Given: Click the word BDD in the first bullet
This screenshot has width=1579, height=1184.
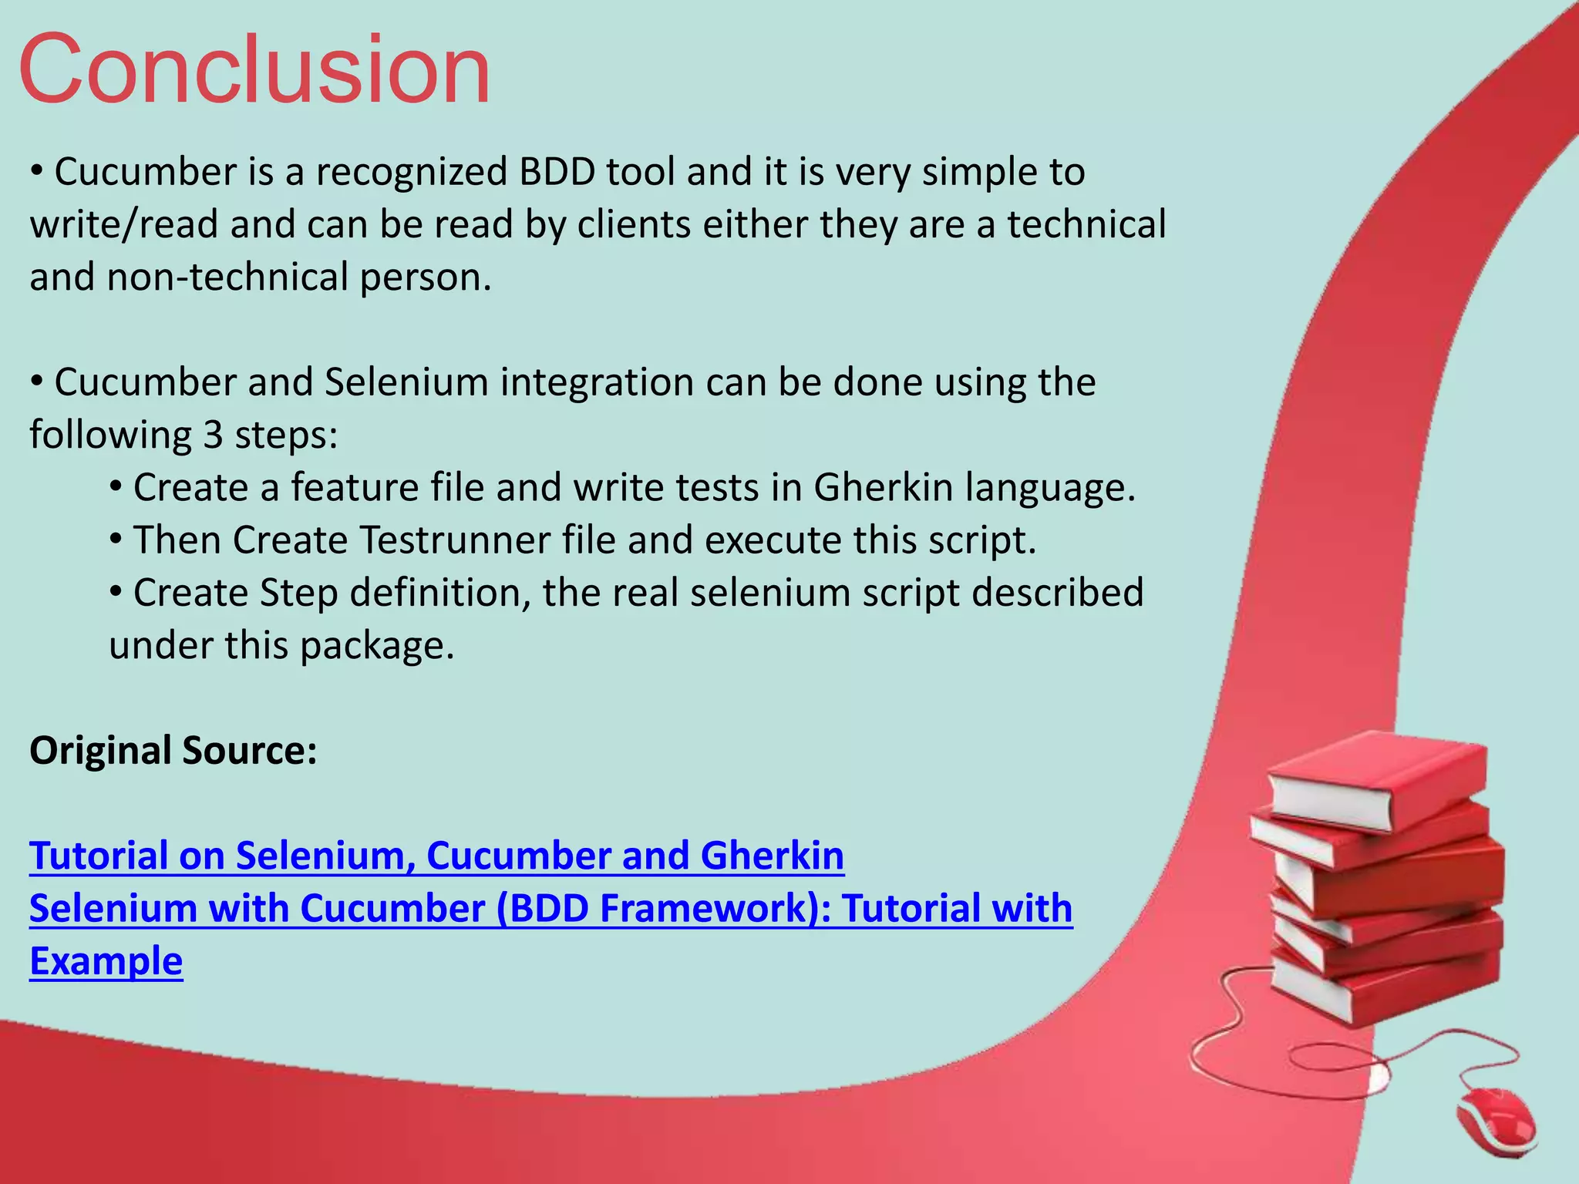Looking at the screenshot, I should tap(557, 172).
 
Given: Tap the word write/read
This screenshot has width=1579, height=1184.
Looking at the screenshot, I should tap(123, 225).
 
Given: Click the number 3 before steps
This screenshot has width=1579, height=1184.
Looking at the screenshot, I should tap(213, 436).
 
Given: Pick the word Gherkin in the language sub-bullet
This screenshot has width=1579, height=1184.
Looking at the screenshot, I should tap(884, 488).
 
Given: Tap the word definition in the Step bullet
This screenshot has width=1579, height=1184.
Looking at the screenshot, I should tap(439, 594).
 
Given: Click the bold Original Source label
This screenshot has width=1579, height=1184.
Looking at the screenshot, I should tap(173, 751).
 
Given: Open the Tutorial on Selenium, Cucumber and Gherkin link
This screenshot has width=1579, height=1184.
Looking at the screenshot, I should tap(436, 856).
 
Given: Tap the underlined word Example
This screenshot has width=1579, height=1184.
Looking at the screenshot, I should tap(106, 961).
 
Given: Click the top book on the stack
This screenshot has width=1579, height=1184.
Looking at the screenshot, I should tap(1380, 779).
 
